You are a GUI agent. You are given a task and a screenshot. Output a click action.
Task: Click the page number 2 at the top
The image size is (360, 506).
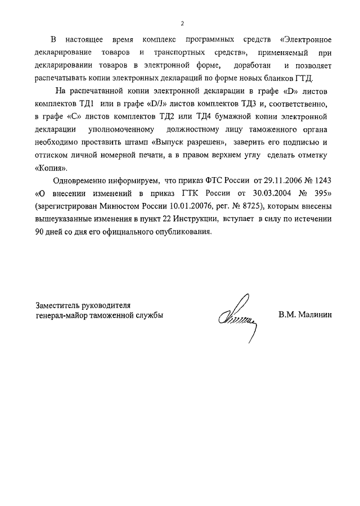click(182, 23)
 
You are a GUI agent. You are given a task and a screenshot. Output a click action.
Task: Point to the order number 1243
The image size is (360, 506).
click(320, 180)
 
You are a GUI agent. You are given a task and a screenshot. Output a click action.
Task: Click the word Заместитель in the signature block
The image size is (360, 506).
click(58, 305)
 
